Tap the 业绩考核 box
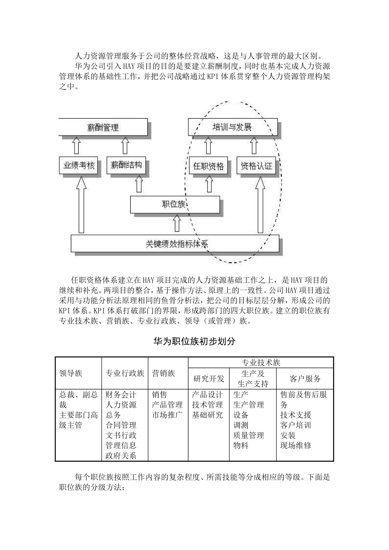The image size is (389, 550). pyautogui.click(x=79, y=166)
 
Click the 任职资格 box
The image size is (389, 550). pyautogui.click(x=208, y=166)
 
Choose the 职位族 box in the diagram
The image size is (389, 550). pyautogui.click(x=174, y=204)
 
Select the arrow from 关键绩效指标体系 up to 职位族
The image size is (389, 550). pyautogui.click(x=177, y=224)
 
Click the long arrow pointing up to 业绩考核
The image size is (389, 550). pyautogui.click(x=81, y=205)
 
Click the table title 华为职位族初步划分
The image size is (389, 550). pyautogui.click(x=194, y=341)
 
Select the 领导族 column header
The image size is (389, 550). pyautogui.click(x=71, y=373)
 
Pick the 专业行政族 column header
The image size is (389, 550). pyautogui.click(x=125, y=373)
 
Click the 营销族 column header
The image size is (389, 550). pyautogui.click(x=163, y=373)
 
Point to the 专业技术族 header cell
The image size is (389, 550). pyautogui.click(x=261, y=363)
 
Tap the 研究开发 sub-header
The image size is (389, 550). pyautogui.click(x=209, y=379)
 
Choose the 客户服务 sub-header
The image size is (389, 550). pyautogui.click(x=305, y=379)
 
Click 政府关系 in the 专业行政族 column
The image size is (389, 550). pyautogui.click(x=121, y=455)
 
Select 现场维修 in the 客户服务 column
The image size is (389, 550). pyautogui.click(x=296, y=445)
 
